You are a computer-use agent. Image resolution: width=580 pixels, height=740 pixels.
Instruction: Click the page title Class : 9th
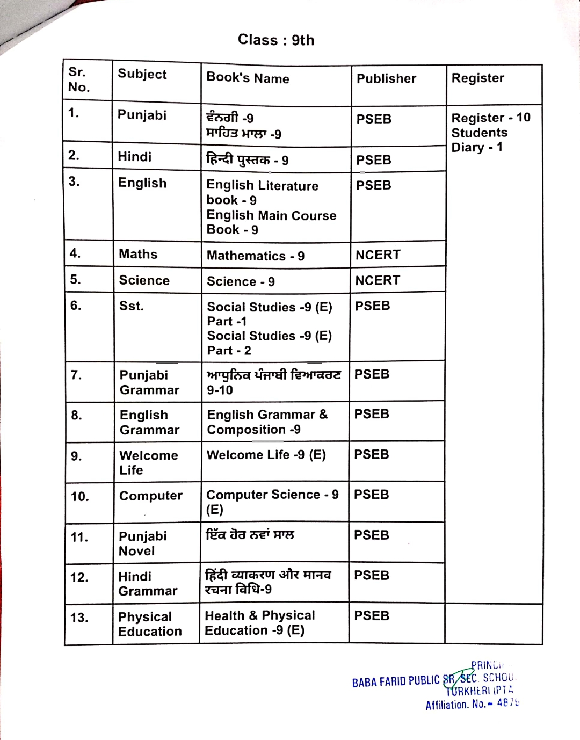276,40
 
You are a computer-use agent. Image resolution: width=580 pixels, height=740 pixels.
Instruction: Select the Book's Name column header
248,78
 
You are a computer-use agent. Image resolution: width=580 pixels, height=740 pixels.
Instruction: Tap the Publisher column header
386,79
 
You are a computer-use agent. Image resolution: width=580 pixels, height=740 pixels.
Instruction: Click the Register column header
477,78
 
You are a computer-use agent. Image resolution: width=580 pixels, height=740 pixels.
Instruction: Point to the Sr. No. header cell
79,80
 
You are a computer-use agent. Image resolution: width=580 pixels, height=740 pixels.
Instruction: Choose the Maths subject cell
138,254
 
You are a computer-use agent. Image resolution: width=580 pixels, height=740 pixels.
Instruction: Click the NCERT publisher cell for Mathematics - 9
378,255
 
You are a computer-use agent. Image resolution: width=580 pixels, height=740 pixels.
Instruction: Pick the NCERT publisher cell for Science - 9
378,280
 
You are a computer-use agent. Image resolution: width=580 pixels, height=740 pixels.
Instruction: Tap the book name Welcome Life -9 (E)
266,455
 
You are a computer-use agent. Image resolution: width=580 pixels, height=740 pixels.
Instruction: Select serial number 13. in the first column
79,618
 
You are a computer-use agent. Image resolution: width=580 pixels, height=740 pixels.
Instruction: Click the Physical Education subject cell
150,624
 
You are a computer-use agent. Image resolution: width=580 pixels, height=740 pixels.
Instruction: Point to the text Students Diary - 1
479,140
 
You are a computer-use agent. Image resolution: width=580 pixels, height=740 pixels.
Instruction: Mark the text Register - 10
490,118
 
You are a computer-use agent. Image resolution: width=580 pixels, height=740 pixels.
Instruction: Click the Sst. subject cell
131,306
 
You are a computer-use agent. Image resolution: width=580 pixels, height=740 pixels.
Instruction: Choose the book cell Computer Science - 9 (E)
272,502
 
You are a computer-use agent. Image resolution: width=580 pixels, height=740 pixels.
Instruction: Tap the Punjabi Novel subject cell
142,543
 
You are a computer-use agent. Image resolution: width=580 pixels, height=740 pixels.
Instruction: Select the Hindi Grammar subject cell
147,584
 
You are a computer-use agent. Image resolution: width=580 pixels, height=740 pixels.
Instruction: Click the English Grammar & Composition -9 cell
267,422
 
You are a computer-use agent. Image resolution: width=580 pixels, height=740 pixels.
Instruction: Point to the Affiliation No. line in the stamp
472,704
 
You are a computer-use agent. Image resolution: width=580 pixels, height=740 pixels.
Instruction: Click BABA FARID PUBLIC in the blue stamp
396,681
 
